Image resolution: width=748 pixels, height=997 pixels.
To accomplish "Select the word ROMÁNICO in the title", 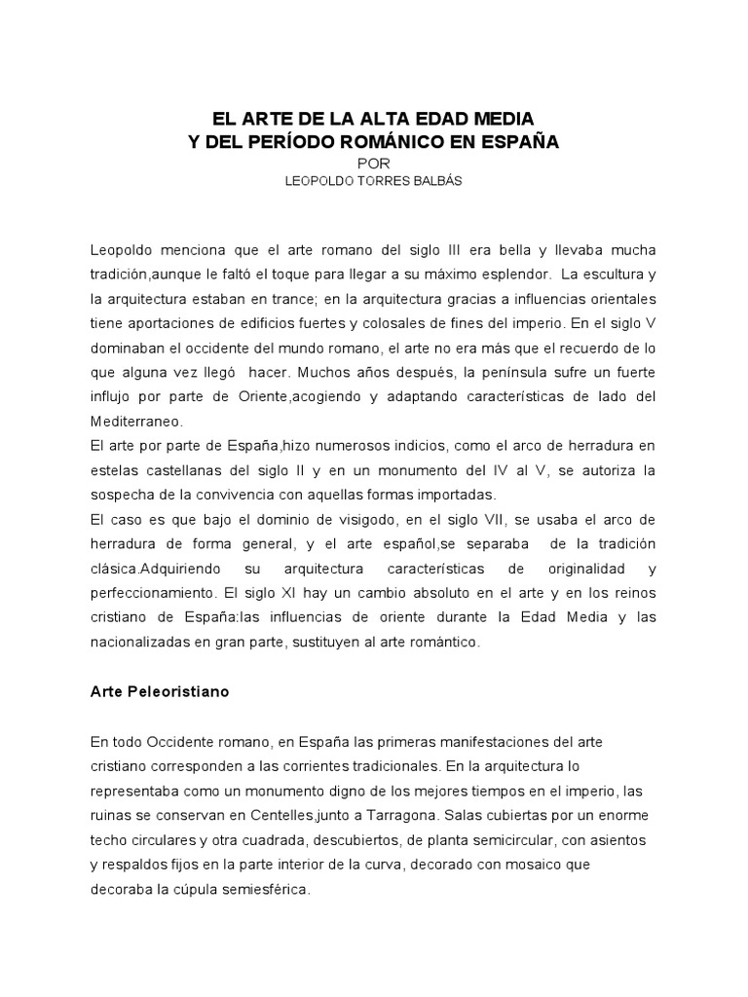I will (x=427, y=142).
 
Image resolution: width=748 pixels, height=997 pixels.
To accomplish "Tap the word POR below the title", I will (x=374, y=163).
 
